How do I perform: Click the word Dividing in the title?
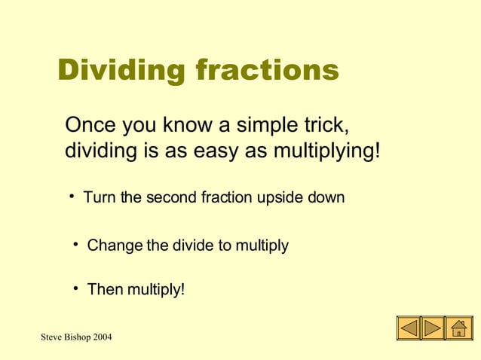pos(121,72)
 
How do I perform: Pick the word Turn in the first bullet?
pos(100,198)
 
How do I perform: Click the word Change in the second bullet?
pos(114,246)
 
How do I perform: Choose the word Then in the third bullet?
pos(103,289)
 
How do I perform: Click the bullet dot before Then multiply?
pos(77,288)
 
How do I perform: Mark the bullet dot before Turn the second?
pos(72,197)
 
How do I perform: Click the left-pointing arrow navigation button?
pos(408,328)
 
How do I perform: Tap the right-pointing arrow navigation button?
pos(433,328)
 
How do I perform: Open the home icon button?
pos(458,328)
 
